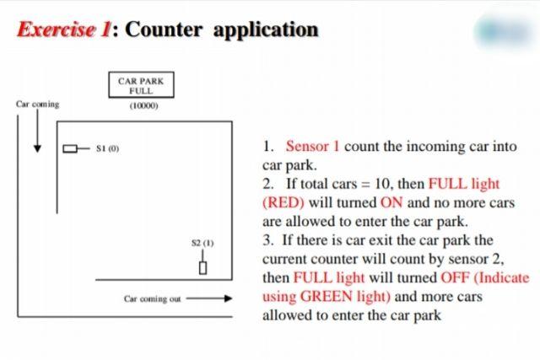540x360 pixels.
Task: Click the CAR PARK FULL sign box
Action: (x=140, y=85)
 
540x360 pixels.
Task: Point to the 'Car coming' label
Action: (x=37, y=105)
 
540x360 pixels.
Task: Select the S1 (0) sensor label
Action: (x=107, y=148)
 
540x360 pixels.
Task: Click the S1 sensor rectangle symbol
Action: (x=71, y=149)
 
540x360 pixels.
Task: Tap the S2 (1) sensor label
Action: (x=202, y=243)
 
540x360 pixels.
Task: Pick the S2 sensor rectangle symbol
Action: (x=202, y=267)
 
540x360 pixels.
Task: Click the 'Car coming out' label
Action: (x=152, y=298)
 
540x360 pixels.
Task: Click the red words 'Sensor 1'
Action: (x=312, y=146)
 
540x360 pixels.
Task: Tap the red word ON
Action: (x=393, y=203)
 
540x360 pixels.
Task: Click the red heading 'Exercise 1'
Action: (x=64, y=30)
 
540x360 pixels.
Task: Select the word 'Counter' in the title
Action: (x=165, y=30)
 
